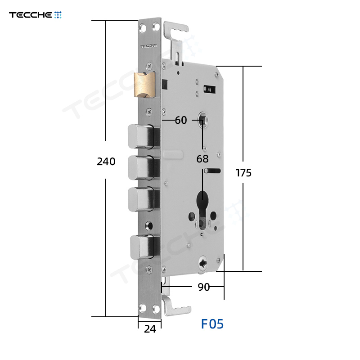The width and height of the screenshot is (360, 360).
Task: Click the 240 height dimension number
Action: (106, 162)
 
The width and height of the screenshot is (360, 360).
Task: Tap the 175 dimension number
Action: (243, 173)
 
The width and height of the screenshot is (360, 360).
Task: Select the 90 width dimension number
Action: (204, 287)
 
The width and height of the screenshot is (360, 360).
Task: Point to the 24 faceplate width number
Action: (150, 329)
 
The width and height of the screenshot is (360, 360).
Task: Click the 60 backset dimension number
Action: (181, 120)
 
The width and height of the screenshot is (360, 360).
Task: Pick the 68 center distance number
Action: (202, 159)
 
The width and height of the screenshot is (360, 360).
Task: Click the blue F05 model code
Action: (212, 324)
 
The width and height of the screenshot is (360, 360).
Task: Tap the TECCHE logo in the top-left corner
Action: (35, 15)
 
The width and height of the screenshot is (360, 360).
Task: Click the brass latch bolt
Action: (144, 85)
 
